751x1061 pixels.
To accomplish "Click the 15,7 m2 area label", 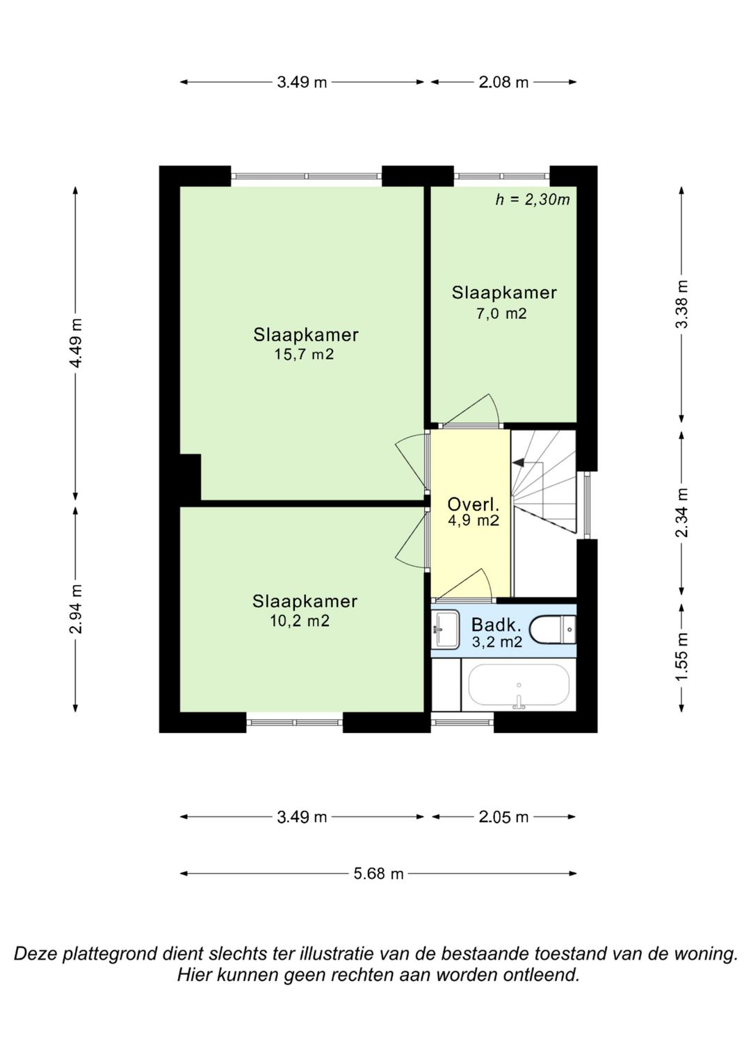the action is click(304, 354).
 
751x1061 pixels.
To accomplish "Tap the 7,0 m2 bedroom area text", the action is click(501, 313).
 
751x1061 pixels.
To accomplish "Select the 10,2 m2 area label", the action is click(300, 620).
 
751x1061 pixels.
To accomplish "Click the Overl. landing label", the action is click(473, 504).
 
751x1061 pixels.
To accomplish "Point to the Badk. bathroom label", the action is click(496, 625).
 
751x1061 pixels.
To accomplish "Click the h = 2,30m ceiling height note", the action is click(533, 200).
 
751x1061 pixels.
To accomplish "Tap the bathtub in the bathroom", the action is click(519, 685).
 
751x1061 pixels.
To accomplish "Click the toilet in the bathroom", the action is click(552, 630).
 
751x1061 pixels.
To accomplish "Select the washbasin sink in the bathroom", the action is click(445, 629).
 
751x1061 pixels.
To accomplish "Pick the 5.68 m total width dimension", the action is click(378, 873).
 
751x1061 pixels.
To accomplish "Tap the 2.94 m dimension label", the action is click(76, 609).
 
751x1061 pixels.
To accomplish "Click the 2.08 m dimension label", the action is click(503, 83).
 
